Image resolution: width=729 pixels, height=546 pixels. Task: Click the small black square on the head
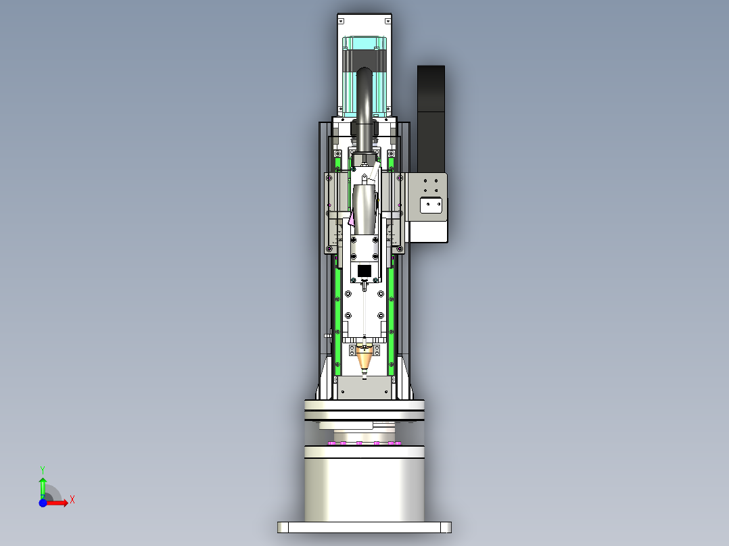point(364,271)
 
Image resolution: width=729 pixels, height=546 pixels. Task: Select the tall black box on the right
point(431,118)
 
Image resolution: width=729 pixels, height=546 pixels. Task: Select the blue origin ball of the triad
point(43,503)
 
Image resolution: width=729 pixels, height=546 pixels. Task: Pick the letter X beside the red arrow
point(72,500)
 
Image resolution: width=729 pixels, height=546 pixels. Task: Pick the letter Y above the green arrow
point(43,469)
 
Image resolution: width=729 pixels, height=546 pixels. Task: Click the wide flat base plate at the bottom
point(364,527)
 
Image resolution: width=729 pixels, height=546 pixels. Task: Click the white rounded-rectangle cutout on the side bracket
point(431,205)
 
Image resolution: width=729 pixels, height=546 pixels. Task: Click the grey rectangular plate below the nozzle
point(364,389)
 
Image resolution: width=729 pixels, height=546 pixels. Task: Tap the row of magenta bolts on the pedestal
point(364,443)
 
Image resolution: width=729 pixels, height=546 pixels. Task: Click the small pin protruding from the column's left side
point(327,333)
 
